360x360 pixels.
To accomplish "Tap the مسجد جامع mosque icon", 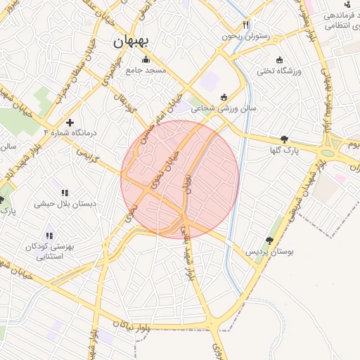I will click(146, 59).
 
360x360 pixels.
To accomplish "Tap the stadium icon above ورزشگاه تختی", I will click(281, 60).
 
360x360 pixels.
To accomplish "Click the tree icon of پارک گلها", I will click(284, 139).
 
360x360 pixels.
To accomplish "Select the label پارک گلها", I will click(285, 150).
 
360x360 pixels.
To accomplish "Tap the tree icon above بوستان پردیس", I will click(269, 240).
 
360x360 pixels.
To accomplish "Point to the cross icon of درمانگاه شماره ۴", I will click(69, 122).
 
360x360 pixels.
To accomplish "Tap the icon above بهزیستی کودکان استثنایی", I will click(49, 236).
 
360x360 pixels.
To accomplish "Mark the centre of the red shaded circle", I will click(180, 179).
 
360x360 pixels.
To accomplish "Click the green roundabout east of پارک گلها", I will click(328, 152).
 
